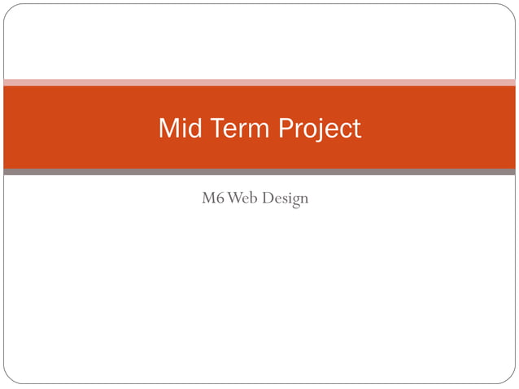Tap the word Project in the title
click(319, 129)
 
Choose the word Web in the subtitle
click(244, 198)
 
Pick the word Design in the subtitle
click(286, 199)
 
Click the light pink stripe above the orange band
click(259, 82)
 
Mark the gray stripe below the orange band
click(259, 172)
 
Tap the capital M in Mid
click(167, 129)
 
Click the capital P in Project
click(286, 129)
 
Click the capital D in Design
click(271, 198)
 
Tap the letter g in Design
click(295, 200)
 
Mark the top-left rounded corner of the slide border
click(8, 8)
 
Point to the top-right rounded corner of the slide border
click(511, 8)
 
